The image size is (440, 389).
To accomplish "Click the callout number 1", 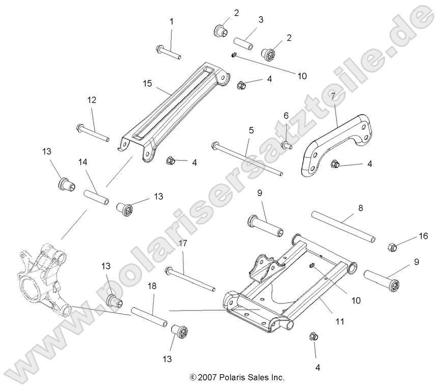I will (171, 22).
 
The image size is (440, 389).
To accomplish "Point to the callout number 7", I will (347, 95).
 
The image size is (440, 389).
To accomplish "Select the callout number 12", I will (92, 100).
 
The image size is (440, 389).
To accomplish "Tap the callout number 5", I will (251, 130).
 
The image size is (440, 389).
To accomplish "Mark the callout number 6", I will (286, 116).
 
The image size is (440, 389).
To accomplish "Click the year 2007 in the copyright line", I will (208, 378).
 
